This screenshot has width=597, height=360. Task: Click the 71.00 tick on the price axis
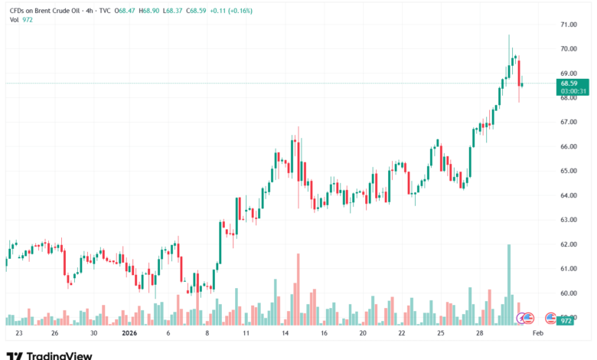(568, 25)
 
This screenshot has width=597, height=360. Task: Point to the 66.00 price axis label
(568, 146)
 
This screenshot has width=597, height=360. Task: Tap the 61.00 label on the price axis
(568, 269)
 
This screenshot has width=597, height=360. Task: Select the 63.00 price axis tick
(568, 220)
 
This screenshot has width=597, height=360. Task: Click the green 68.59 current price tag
(568, 83)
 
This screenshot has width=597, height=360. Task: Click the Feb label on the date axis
(537, 334)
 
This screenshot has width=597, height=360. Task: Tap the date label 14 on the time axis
(284, 334)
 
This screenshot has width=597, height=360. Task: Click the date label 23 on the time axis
(19, 334)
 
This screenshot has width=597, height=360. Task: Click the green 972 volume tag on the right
(566, 321)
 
